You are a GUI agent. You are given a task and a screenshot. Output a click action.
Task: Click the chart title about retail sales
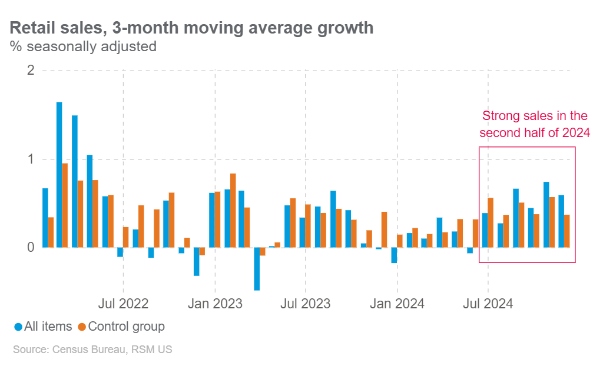tap(191, 28)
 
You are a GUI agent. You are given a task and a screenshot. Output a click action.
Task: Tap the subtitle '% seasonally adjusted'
tap(83, 46)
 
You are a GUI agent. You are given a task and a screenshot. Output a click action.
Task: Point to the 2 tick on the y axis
tap(31, 71)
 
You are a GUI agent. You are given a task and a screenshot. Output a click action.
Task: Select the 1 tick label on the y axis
tap(31, 159)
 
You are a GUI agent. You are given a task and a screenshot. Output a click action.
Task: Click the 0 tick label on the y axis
tap(31, 248)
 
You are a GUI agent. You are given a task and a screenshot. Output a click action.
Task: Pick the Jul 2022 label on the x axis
tap(123, 304)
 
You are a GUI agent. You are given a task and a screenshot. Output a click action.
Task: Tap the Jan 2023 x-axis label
tap(215, 304)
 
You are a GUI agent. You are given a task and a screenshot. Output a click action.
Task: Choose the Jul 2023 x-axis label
tap(306, 304)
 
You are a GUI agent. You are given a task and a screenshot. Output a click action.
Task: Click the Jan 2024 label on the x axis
tap(397, 304)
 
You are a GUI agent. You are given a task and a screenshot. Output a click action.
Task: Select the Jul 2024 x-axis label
tap(488, 304)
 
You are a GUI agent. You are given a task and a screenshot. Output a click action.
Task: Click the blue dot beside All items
tap(18, 327)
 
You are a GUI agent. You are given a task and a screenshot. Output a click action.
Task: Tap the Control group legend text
tap(126, 327)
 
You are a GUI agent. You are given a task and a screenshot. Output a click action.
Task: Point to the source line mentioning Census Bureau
tap(92, 350)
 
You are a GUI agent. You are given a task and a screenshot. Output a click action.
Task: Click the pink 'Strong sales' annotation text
tap(534, 124)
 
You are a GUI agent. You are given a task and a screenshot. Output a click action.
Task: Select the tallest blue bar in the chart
tap(59, 175)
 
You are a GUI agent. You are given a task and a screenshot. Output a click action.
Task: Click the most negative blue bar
tap(257, 269)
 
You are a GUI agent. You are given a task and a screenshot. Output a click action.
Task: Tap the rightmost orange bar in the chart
tap(567, 231)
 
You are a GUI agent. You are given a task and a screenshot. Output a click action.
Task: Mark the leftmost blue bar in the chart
tap(45, 218)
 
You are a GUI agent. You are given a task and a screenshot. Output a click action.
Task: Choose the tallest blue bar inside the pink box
tap(546, 215)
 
